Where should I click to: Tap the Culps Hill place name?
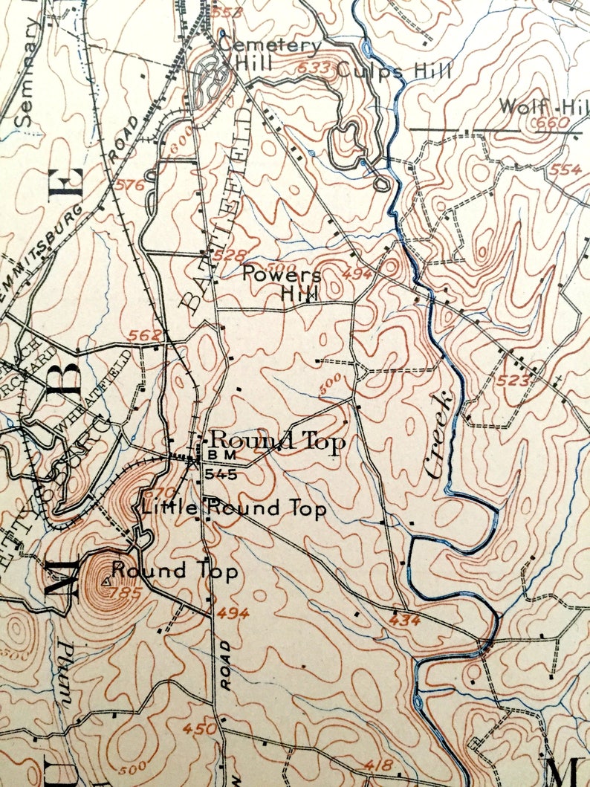click(x=394, y=71)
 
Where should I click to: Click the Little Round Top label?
click(x=233, y=509)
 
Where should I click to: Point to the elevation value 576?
click(x=131, y=185)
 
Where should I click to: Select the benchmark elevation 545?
click(x=221, y=473)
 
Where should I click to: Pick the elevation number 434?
click(x=404, y=619)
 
